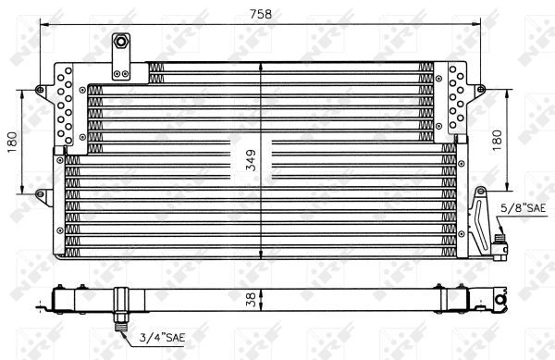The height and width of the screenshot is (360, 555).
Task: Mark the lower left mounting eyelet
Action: (41, 192)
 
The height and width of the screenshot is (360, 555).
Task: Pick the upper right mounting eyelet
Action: (481, 89)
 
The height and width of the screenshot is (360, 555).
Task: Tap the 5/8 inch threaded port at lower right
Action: (501, 245)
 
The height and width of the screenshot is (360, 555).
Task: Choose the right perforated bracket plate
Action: (457, 100)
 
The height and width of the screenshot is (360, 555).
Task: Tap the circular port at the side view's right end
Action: (499, 298)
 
